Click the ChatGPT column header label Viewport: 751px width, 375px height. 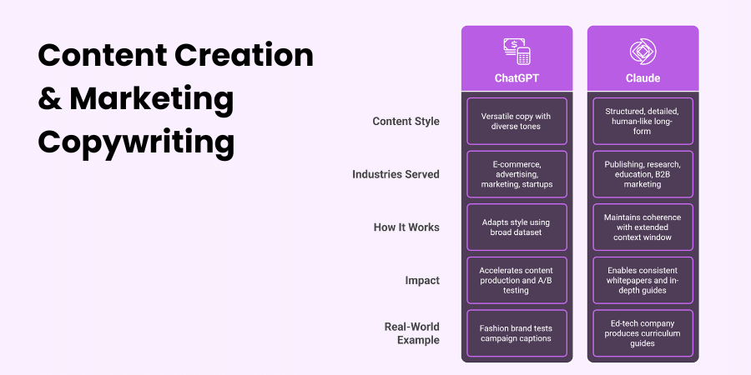517,78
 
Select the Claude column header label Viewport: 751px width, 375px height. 643,78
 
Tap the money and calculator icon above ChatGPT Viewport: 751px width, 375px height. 517,51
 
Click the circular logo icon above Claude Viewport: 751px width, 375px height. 643,52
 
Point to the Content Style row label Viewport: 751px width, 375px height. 406,122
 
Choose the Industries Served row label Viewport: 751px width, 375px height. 396,174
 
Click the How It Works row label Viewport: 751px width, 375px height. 406,227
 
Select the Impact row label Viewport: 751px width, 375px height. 422,280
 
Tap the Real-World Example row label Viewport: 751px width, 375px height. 412,333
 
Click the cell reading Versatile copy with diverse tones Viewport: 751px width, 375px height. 517,122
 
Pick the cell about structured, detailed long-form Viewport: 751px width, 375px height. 643,122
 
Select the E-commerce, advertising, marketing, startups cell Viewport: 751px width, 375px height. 517,174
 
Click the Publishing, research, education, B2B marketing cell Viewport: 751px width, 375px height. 643,174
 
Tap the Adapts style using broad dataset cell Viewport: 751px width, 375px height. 517,227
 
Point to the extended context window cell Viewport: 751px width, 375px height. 643,227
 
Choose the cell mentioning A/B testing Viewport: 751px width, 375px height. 517,280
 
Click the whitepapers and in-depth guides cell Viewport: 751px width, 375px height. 643,280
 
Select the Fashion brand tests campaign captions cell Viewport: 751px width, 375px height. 517,333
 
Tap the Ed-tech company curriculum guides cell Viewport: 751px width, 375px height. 643,333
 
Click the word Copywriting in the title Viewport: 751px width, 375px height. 136,142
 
